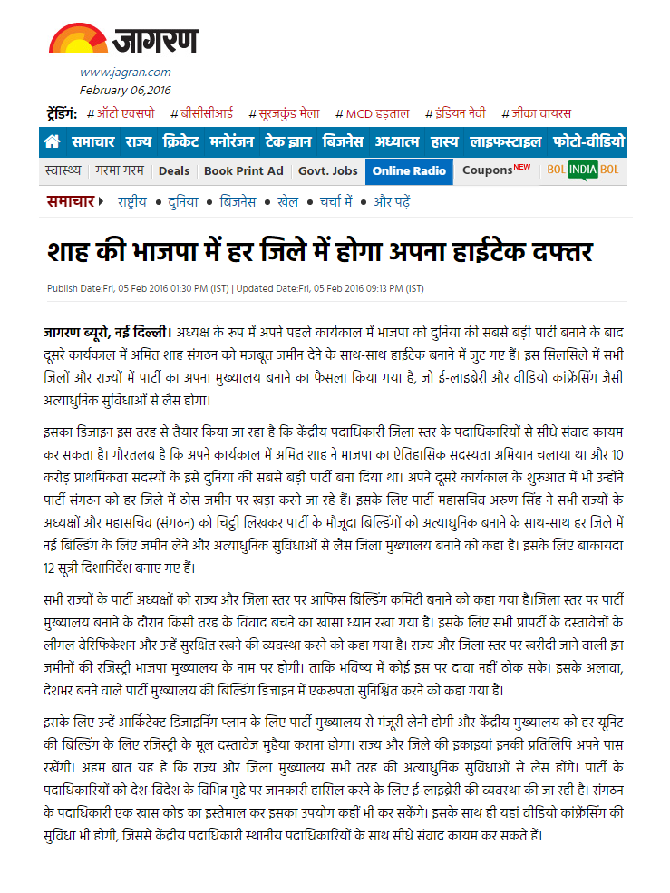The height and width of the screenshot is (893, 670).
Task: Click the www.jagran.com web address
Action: click(x=125, y=72)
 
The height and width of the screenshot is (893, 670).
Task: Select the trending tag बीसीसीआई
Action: click(x=206, y=113)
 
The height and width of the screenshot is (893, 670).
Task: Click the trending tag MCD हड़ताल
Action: click(x=372, y=113)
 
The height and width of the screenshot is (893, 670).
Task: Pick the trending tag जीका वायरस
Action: click(x=538, y=113)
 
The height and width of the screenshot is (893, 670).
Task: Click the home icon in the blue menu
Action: click(x=53, y=141)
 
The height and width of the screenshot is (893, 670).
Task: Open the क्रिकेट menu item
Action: click(x=180, y=141)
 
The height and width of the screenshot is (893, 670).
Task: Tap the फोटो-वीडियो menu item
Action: click(x=588, y=141)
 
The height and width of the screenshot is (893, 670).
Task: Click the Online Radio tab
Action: click(x=409, y=170)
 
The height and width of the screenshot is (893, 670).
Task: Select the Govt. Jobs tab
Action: click(x=327, y=170)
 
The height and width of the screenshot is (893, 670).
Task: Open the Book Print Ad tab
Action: click(x=243, y=170)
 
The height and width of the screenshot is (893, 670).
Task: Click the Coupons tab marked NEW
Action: click(x=496, y=170)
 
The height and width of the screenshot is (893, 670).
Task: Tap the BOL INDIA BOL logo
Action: click(x=596, y=170)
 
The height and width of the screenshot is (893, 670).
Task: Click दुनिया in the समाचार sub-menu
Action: click(x=182, y=201)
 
